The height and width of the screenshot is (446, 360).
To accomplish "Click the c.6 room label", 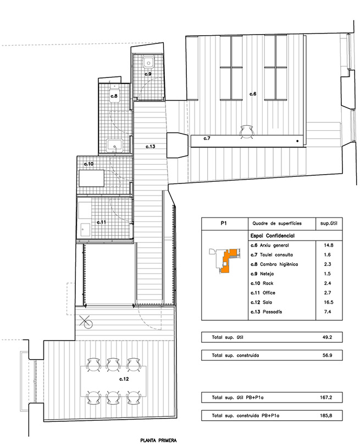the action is (x=253, y=94).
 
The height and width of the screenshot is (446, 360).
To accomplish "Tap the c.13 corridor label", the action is (x=150, y=147).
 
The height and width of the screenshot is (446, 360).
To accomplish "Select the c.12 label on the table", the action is (x=124, y=379).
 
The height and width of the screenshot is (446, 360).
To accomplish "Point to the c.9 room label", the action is (x=148, y=74).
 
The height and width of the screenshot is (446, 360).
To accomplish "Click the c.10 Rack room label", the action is (x=88, y=164).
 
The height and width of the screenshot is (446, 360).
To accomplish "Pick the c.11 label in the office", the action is (x=101, y=222).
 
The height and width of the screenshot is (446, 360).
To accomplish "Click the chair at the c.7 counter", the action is (x=246, y=131).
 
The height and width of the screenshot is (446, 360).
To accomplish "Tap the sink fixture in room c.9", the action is (x=148, y=62).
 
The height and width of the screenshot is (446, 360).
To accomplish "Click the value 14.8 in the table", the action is (x=329, y=245).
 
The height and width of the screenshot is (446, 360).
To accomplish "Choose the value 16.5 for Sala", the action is (x=329, y=302).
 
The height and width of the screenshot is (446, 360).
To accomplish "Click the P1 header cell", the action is (x=224, y=224).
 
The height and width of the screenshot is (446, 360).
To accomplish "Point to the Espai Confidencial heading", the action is (x=273, y=236).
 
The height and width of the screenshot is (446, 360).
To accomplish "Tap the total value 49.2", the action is (x=327, y=337).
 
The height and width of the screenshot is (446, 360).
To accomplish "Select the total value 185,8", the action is (x=326, y=416).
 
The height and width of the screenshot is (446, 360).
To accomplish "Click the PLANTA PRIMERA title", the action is (x=158, y=441).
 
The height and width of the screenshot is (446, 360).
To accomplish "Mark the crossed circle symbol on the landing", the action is (x=86, y=322).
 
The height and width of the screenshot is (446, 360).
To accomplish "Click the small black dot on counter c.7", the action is (x=298, y=141).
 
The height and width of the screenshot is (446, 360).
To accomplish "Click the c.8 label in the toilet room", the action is (x=114, y=96).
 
